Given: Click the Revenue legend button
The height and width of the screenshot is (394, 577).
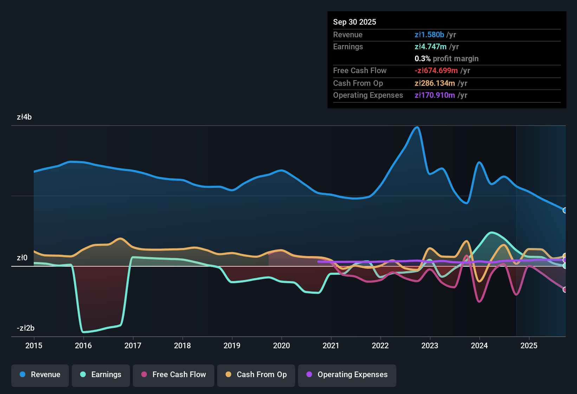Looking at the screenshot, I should tap(40, 375).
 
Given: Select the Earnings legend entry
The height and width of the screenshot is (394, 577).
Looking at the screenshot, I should tap(101, 375).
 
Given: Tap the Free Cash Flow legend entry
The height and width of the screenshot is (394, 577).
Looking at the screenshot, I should tap(174, 375).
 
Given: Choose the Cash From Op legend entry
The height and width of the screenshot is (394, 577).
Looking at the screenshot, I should tap(256, 375).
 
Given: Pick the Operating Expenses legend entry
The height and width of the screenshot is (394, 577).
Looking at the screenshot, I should tap(347, 375).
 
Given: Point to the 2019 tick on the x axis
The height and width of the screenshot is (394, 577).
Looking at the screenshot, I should tap(232, 345).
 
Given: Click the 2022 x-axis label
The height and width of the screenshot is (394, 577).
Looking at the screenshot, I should tap(380, 345).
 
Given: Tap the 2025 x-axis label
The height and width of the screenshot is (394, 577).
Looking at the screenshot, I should tap(529, 345).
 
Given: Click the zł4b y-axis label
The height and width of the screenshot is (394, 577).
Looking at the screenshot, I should tap(24, 117).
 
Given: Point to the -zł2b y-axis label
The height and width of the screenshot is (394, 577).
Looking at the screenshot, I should tap(26, 328).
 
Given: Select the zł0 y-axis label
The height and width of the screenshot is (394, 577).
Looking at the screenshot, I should tap(22, 258).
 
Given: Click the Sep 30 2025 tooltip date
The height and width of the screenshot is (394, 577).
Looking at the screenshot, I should tap(355, 22).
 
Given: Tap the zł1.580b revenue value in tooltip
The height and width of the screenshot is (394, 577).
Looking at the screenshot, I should tap(429, 35).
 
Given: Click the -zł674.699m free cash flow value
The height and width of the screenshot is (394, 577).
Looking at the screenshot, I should tap(436, 71).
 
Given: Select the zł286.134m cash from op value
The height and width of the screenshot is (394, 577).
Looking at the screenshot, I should tap(435, 83).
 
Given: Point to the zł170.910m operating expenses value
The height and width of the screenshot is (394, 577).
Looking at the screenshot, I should tap(435, 95).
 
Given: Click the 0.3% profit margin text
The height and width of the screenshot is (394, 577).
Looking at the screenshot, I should tap(446, 59).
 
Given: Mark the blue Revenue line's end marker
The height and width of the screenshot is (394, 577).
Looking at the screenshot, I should tap(565, 210).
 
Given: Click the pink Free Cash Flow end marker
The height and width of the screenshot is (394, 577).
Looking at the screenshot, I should tap(565, 290).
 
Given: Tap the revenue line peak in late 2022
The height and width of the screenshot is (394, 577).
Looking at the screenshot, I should tap(417, 127).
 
